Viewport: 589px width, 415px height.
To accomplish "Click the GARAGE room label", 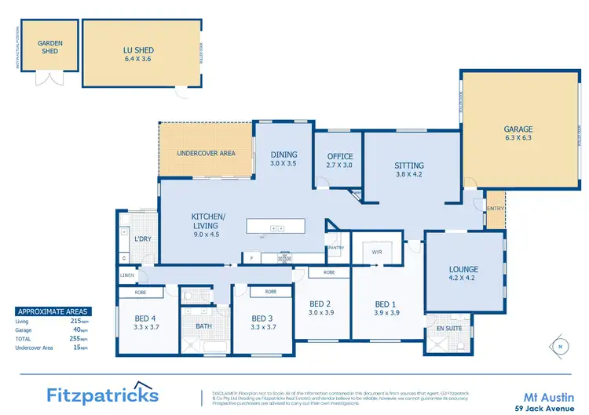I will pyautogui.click(x=518, y=129).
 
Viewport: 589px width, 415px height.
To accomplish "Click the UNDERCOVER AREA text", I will pyautogui.click(x=207, y=154).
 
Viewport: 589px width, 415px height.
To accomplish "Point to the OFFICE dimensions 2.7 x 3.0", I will pyautogui.click(x=340, y=166).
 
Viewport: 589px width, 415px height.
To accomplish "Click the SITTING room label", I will pyautogui.click(x=409, y=166).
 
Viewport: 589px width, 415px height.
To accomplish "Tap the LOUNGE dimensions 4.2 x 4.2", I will pyautogui.click(x=463, y=278).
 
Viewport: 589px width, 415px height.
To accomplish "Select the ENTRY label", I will pyautogui.click(x=495, y=209).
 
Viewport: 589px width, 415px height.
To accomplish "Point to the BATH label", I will pyautogui.click(x=203, y=326).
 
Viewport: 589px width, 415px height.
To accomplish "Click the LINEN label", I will pyautogui.click(x=127, y=275).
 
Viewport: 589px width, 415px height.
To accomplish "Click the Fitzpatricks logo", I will pyautogui.click(x=102, y=394).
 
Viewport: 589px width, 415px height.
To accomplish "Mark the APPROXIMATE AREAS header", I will pyautogui.click(x=53, y=311).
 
